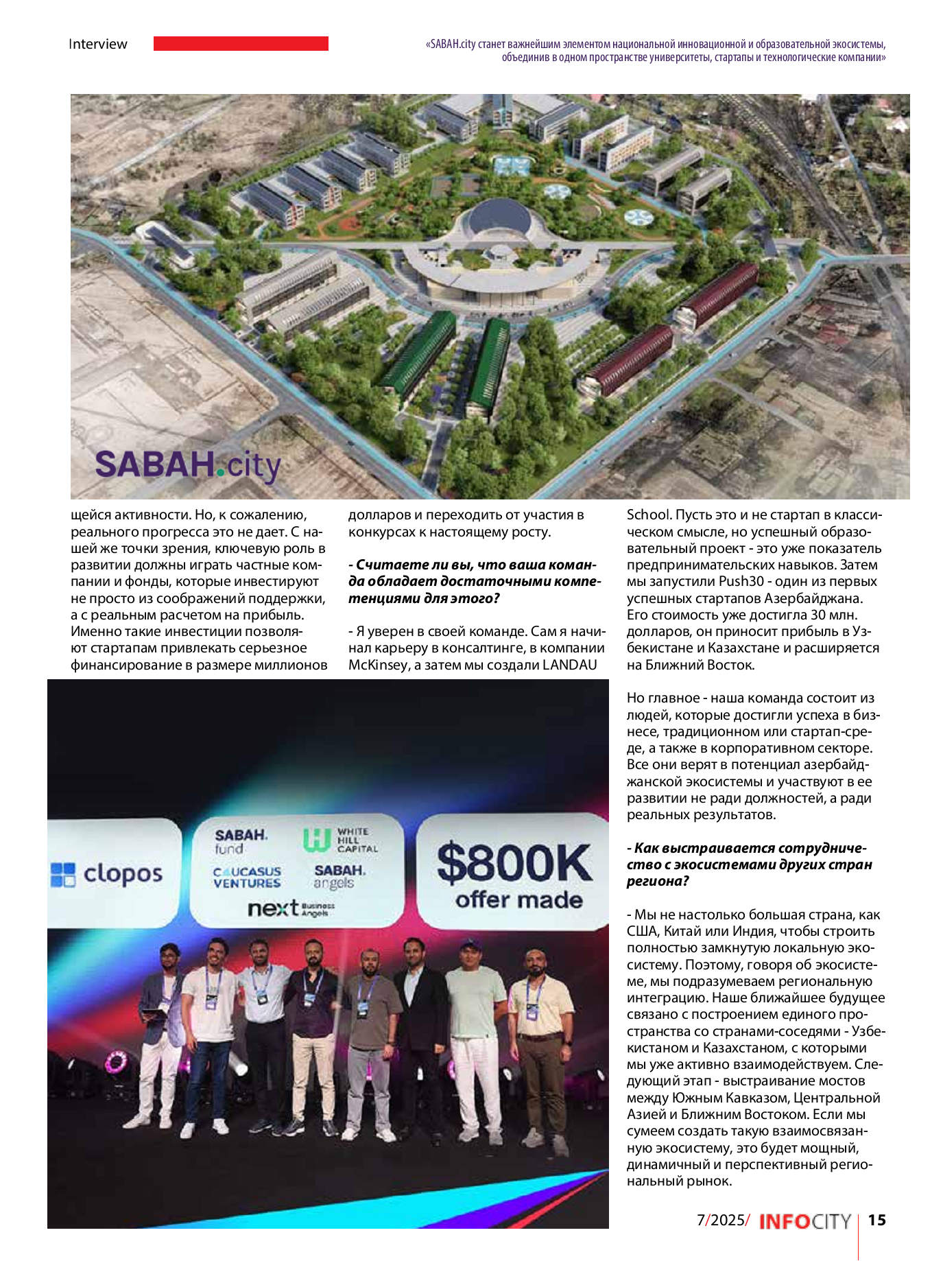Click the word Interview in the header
97,44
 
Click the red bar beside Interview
241,44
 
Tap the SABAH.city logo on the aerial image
187,465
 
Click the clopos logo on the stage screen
107,874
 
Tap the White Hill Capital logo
340,840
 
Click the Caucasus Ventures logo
246,877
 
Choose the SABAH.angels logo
339,876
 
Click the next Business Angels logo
291,908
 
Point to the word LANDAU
569,664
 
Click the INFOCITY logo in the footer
804,1222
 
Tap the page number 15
876,1221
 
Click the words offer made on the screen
518,900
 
